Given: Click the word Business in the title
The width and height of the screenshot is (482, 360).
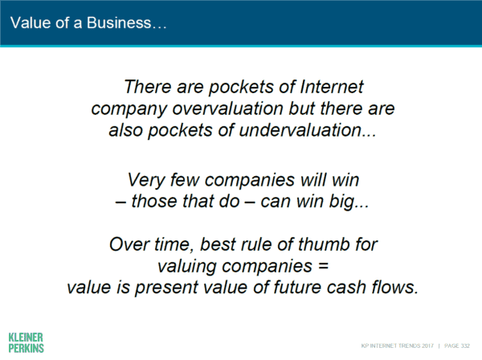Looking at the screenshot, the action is pos(119,22).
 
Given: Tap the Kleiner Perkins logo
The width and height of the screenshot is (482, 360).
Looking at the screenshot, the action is pos(27,342).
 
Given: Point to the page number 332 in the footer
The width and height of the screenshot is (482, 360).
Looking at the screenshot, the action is pos(465,346).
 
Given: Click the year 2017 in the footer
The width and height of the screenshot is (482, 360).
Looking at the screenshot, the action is pos(427,346).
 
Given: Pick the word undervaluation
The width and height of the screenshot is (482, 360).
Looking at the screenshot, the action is pos(300,130).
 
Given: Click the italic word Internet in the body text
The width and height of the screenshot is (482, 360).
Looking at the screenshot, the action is pos(332,87).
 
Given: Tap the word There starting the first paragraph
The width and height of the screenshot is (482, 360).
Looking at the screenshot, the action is pos(148,87).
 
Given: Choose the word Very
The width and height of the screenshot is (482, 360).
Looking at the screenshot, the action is pos(146,180).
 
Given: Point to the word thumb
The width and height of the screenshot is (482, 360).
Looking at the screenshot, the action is pos(324,245).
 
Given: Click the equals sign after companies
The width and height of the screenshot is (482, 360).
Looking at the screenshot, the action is pos(324,266).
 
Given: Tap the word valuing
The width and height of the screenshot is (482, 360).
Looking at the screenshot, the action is pos(187,266).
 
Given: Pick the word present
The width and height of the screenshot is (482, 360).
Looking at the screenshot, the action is pos(166,288).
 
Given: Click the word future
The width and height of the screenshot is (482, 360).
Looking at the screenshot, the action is pos(297,288).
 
